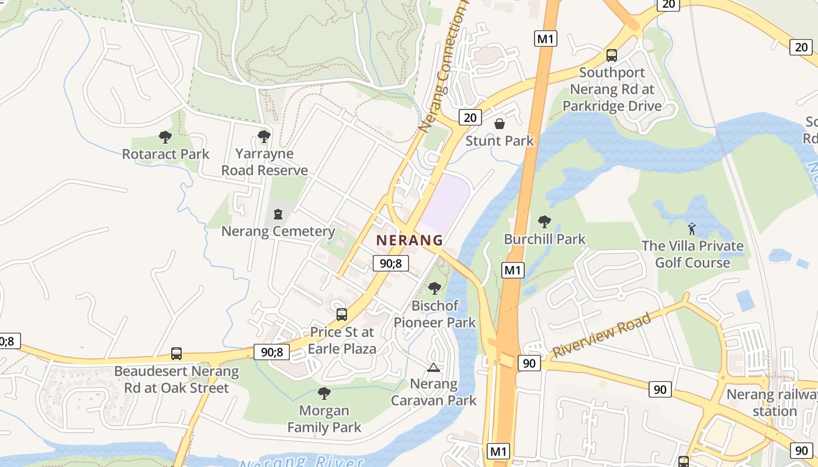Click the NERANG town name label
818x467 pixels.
point(410,240)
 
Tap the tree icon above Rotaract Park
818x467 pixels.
point(165,137)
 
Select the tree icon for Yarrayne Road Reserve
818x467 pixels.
point(264,137)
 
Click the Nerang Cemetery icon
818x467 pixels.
point(278,214)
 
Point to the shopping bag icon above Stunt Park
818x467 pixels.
point(500,124)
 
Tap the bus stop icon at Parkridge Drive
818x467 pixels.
point(612,55)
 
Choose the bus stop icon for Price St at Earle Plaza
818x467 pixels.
point(342,315)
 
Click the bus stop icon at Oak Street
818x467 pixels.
point(176,353)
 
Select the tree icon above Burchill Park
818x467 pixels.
point(545,222)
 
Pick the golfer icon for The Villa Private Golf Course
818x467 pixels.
point(692,228)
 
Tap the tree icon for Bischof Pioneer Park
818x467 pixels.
point(434,288)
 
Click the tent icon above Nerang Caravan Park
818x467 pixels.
point(433,367)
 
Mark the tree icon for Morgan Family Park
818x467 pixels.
point(324,393)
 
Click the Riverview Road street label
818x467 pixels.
point(602,335)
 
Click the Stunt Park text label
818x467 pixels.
point(500,141)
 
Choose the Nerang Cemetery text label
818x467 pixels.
point(278,231)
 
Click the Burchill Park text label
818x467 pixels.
point(545,239)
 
